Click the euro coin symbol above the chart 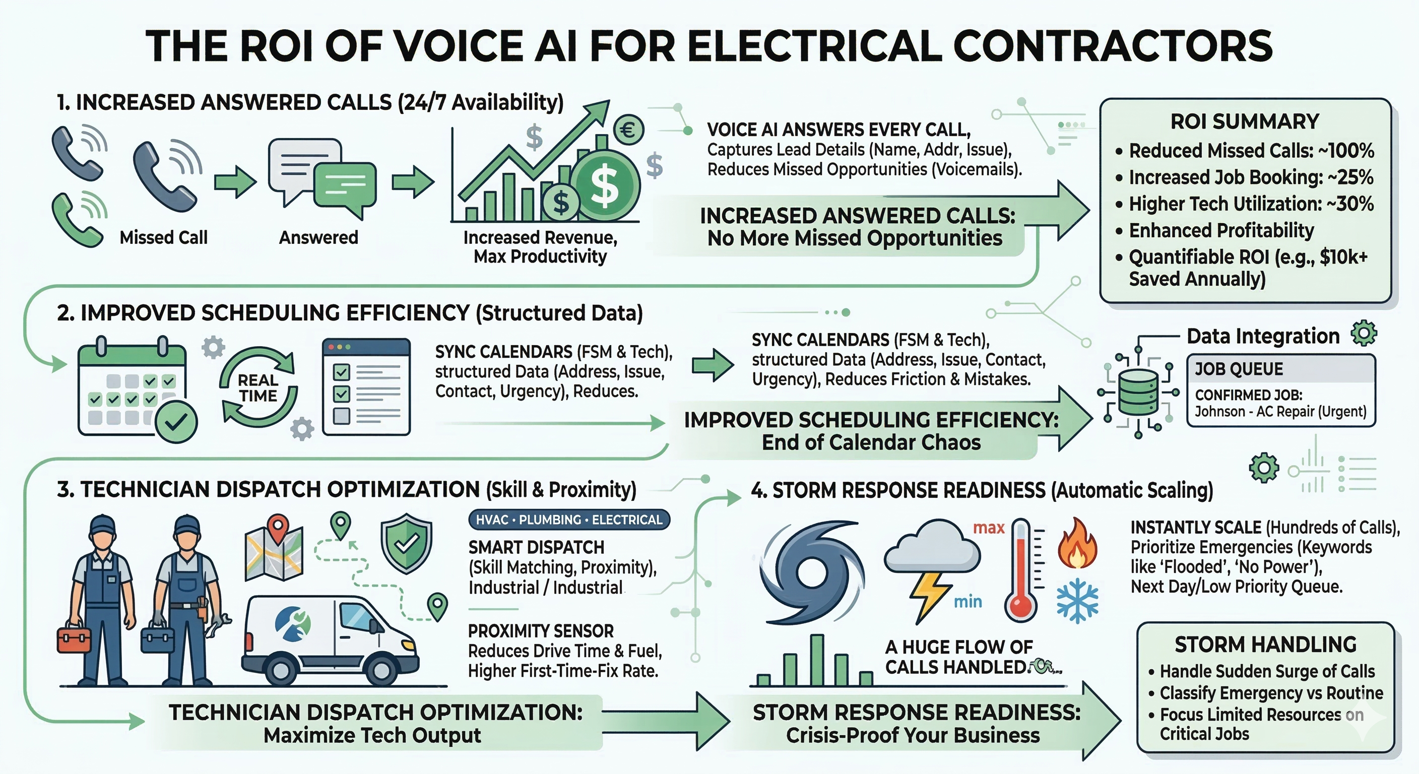pos(628,130)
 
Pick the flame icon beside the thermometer pos(1077,543)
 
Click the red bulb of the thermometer pos(1021,607)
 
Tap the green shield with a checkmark pos(407,543)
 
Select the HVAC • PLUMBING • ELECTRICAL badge pos(569,520)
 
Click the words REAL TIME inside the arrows pos(258,388)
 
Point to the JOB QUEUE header pos(1239,369)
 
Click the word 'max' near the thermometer pos(989,528)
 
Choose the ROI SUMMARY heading pos(1244,122)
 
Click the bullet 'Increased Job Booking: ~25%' pos(1250,177)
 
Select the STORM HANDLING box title pos(1265,644)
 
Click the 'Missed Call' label pos(164,237)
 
